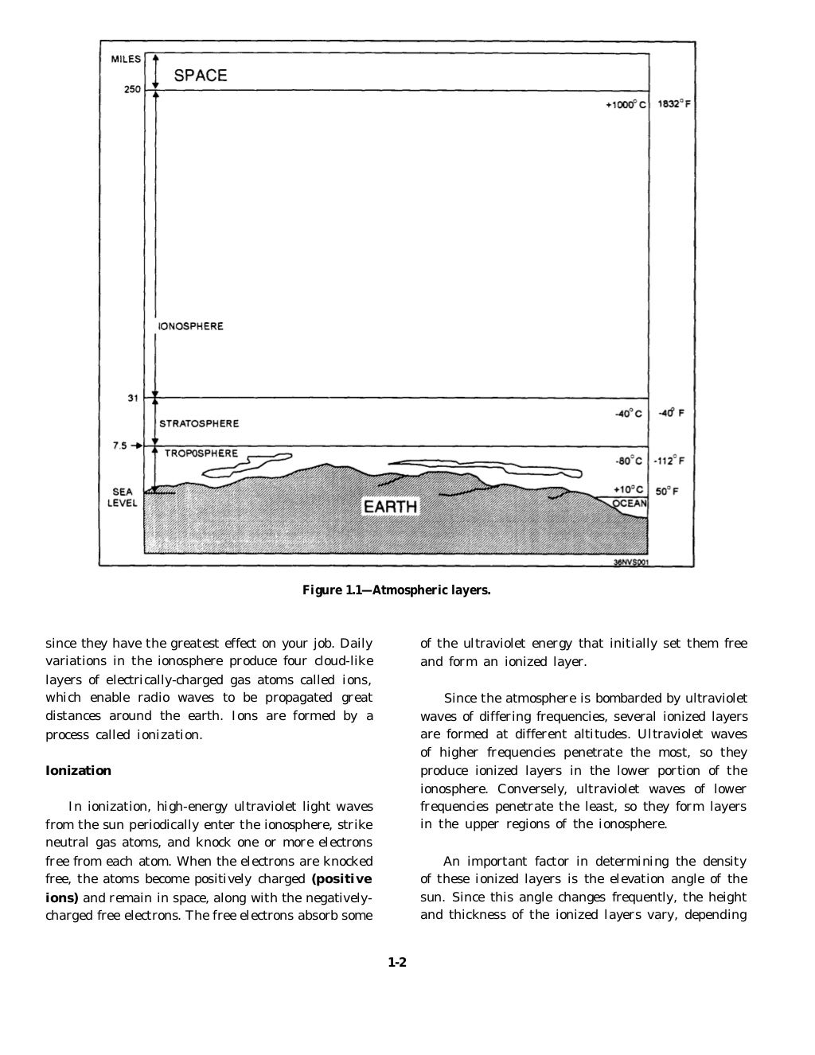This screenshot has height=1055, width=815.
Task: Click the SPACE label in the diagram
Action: point(200,76)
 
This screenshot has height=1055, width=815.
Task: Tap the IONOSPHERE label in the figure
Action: point(191,326)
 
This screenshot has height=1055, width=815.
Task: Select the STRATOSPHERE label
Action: point(199,424)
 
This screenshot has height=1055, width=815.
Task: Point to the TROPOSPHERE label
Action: point(201,454)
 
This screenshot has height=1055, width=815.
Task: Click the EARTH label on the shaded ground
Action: point(390,507)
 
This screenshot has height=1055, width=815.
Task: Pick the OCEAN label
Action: point(630,503)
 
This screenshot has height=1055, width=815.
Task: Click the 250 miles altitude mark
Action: point(131,90)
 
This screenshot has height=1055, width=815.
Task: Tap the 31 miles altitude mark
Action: point(134,398)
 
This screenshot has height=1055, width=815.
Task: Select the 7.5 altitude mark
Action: point(119,446)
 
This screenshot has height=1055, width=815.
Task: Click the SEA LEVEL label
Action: point(123,497)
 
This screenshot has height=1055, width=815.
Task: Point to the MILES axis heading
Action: point(125,59)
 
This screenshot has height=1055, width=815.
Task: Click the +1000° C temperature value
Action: point(626,104)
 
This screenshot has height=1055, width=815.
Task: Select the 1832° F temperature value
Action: point(673,104)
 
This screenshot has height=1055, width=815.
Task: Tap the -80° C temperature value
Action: point(629,461)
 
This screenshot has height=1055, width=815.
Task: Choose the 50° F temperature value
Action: point(667,492)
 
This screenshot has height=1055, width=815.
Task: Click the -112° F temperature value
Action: point(669,461)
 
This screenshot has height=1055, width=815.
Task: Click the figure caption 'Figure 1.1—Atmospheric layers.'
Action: point(396,590)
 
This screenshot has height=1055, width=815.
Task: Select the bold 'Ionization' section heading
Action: point(78,770)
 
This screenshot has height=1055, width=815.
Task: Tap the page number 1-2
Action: point(397,962)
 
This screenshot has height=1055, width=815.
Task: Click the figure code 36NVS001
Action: point(631,561)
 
